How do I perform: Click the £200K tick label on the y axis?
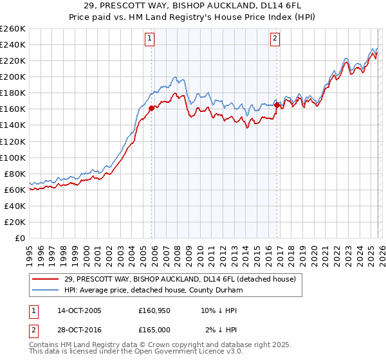click(12, 76)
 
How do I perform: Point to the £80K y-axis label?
click(14, 174)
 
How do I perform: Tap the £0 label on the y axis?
click(19, 238)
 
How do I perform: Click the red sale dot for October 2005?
click(151, 109)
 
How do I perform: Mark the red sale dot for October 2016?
click(277, 105)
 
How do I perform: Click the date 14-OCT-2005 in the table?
click(79, 310)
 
